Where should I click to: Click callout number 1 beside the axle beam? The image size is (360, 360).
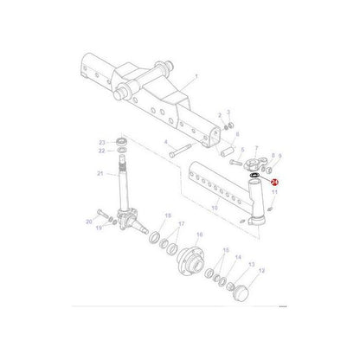click(x=196, y=77)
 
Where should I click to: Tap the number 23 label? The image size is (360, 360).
click(x=101, y=142)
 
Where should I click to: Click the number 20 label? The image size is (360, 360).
click(x=88, y=222)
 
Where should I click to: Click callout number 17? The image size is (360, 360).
click(x=181, y=224)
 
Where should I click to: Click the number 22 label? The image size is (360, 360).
click(x=101, y=151)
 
